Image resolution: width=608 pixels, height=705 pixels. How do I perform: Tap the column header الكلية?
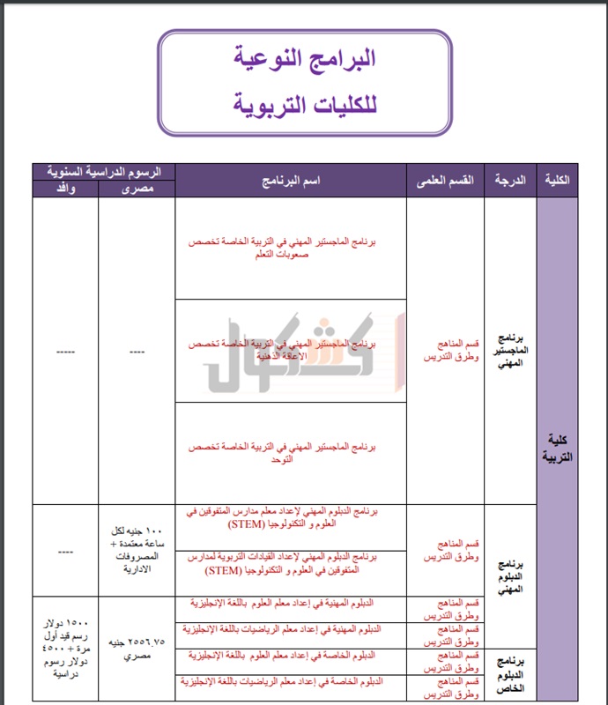[558, 180]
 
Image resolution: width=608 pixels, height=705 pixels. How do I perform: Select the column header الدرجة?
[510, 180]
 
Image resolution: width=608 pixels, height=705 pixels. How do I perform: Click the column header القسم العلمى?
[445, 180]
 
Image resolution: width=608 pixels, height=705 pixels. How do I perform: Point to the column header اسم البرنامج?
[291, 180]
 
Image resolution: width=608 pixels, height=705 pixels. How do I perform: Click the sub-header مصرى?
[136, 189]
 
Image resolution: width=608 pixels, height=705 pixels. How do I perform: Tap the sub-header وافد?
[64, 189]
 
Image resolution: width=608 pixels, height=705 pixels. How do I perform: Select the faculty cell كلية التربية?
[557, 449]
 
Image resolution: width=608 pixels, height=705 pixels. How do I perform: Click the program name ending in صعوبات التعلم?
[290, 249]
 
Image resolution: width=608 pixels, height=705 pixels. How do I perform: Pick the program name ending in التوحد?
[290, 453]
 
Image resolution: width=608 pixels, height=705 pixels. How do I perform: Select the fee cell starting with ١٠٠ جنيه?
[136, 552]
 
